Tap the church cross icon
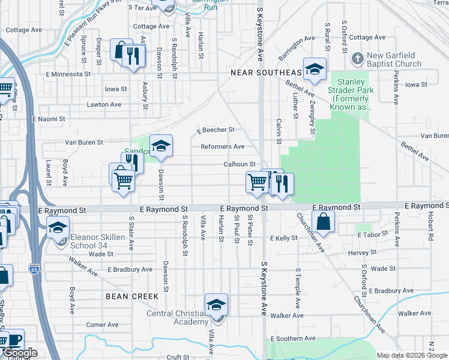(358, 58)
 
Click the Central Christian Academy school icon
(216, 305)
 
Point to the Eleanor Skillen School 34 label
(97, 241)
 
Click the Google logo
(20, 353)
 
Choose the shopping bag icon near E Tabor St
(324, 221)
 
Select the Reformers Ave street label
(222, 146)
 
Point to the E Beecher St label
(215, 130)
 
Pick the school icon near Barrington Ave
(314, 70)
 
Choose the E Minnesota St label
(68, 74)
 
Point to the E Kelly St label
(283, 238)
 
